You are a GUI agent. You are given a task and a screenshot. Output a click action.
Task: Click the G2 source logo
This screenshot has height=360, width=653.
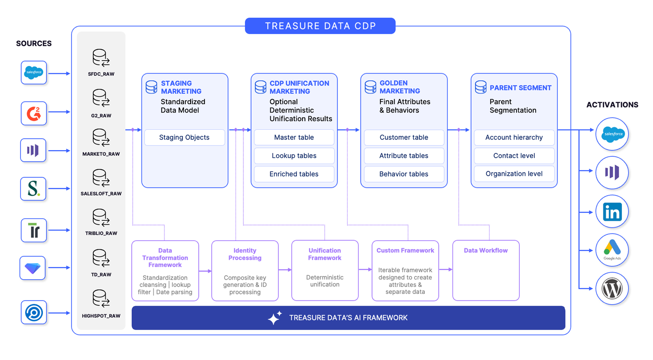[34, 113]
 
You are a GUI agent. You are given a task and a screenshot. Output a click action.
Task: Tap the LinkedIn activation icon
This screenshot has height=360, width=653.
[612, 212]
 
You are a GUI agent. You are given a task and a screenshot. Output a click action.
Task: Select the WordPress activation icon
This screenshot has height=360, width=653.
[612, 288]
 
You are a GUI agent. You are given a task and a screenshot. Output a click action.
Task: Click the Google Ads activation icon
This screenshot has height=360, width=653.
[612, 250]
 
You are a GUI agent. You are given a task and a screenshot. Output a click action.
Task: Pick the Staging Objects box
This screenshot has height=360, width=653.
[184, 137]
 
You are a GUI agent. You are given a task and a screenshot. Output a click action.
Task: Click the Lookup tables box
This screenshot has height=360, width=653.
[294, 156]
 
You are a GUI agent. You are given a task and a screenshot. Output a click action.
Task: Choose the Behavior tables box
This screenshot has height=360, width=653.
[404, 174]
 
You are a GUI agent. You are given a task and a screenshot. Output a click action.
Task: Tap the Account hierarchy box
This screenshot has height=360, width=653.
[514, 137]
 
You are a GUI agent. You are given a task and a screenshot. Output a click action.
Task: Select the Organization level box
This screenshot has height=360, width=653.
[514, 174]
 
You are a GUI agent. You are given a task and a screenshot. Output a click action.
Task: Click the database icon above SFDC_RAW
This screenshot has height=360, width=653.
[101, 58]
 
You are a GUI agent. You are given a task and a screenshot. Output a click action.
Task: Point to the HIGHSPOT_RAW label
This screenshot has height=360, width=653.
[101, 316]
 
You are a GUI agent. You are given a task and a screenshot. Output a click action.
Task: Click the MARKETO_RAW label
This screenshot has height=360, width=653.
[101, 154]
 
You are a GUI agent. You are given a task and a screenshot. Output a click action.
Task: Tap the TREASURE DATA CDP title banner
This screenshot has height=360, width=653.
[320, 26]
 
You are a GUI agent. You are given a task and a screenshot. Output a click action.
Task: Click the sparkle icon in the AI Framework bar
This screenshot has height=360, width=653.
[275, 318]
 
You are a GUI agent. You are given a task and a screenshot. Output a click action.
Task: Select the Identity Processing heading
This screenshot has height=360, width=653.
[245, 254]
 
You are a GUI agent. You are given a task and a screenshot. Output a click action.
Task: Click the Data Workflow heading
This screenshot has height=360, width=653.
[486, 251]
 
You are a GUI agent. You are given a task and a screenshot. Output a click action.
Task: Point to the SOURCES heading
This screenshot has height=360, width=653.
[34, 44]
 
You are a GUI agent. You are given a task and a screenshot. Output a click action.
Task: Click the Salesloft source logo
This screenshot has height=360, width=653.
[33, 189]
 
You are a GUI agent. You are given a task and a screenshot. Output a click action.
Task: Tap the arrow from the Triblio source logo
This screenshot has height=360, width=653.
[59, 230]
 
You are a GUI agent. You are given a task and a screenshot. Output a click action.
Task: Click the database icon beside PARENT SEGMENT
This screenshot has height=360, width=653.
[481, 87]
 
